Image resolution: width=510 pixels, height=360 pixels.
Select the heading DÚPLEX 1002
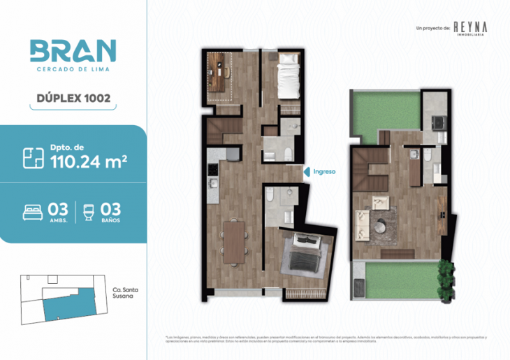pyautogui.click(x=73, y=100)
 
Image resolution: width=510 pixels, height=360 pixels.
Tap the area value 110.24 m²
pyautogui.click(x=88, y=163)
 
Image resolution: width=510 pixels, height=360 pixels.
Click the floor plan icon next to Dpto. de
pyautogui.click(x=33, y=157)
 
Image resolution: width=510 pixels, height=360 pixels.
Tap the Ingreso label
pyautogui.click(x=326, y=171)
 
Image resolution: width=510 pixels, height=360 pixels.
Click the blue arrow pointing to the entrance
pyautogui.click(x=305, y=171)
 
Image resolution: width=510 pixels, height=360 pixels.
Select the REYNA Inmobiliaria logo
pyautogui.click(x=470, y=27)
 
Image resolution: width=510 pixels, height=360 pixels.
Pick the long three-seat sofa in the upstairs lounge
pyautogui.click(x=362, y=224)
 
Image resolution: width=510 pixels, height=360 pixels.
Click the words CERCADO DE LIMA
pyautogui.click(x=73, y=69)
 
